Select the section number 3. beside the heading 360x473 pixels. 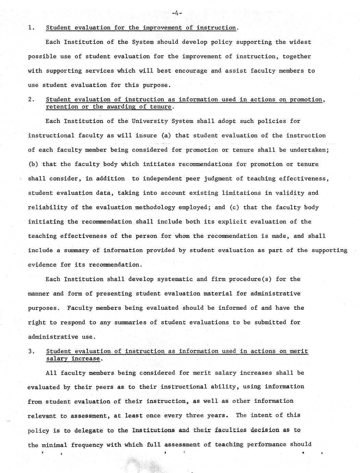(x=32, y=351)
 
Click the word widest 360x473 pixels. (x=300, y=42)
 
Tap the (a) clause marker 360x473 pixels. (x=166, y=135)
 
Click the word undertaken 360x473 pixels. (x=309, y=150)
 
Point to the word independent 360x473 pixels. (x=164, y=179)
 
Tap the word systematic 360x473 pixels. (x=175, y=279)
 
